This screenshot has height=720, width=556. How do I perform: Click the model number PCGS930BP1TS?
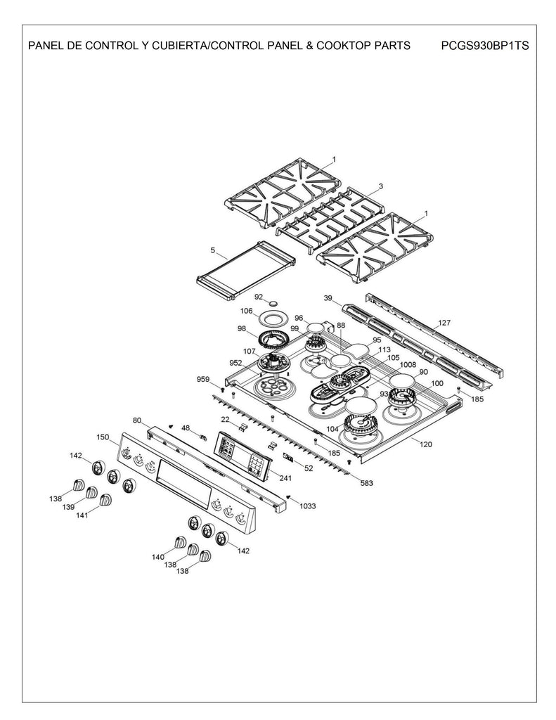click(486, 46)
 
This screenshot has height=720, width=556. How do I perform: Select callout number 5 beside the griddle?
click(212, 250)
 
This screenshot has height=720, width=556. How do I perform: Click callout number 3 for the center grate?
click(380, 186)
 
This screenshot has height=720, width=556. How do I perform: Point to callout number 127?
click(444, 323)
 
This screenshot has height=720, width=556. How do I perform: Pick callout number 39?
click(328, 299)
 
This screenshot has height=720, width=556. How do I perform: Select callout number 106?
click(246, 311)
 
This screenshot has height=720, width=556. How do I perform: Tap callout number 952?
click(236, 363)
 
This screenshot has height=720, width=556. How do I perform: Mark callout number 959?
click(203, 380)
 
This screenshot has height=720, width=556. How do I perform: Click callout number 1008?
click(408, 365)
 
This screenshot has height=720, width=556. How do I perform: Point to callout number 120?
click(426, 444)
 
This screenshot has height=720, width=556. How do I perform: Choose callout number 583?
click(366, 483)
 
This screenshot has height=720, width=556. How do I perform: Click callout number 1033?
click(308, 506)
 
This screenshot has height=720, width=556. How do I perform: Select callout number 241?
click(285, 478)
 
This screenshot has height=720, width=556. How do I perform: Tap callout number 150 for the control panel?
click(103, 437)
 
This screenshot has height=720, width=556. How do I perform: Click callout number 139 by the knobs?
click(68, 507)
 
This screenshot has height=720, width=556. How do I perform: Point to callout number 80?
click(136, 420)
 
